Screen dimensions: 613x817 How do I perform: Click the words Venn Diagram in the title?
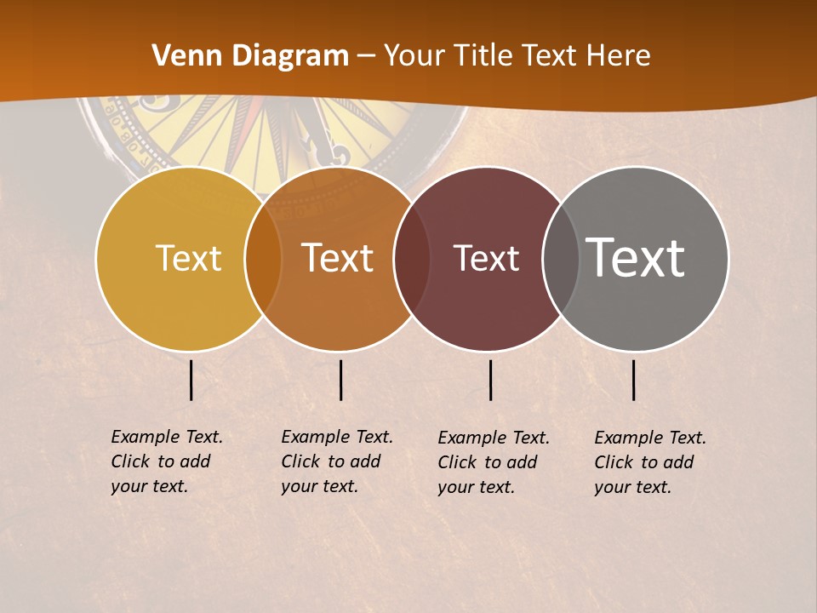(250, 56)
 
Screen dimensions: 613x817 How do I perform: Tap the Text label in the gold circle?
(188, 258)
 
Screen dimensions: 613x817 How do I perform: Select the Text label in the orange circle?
(338, 258)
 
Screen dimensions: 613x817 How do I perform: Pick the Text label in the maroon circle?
(486, 258)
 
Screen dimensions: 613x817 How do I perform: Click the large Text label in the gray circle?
(636, 258)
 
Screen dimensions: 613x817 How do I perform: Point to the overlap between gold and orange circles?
(263, 258)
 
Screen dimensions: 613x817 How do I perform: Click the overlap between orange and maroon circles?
(413, 258)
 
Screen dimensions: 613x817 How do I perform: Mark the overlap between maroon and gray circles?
(561, 258)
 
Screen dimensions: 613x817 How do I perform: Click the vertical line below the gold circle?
(191, 380)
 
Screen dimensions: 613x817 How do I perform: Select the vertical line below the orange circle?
(340, 380)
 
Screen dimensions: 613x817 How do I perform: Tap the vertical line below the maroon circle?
(490, 380)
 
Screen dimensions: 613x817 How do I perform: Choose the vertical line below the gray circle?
(633, 380)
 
